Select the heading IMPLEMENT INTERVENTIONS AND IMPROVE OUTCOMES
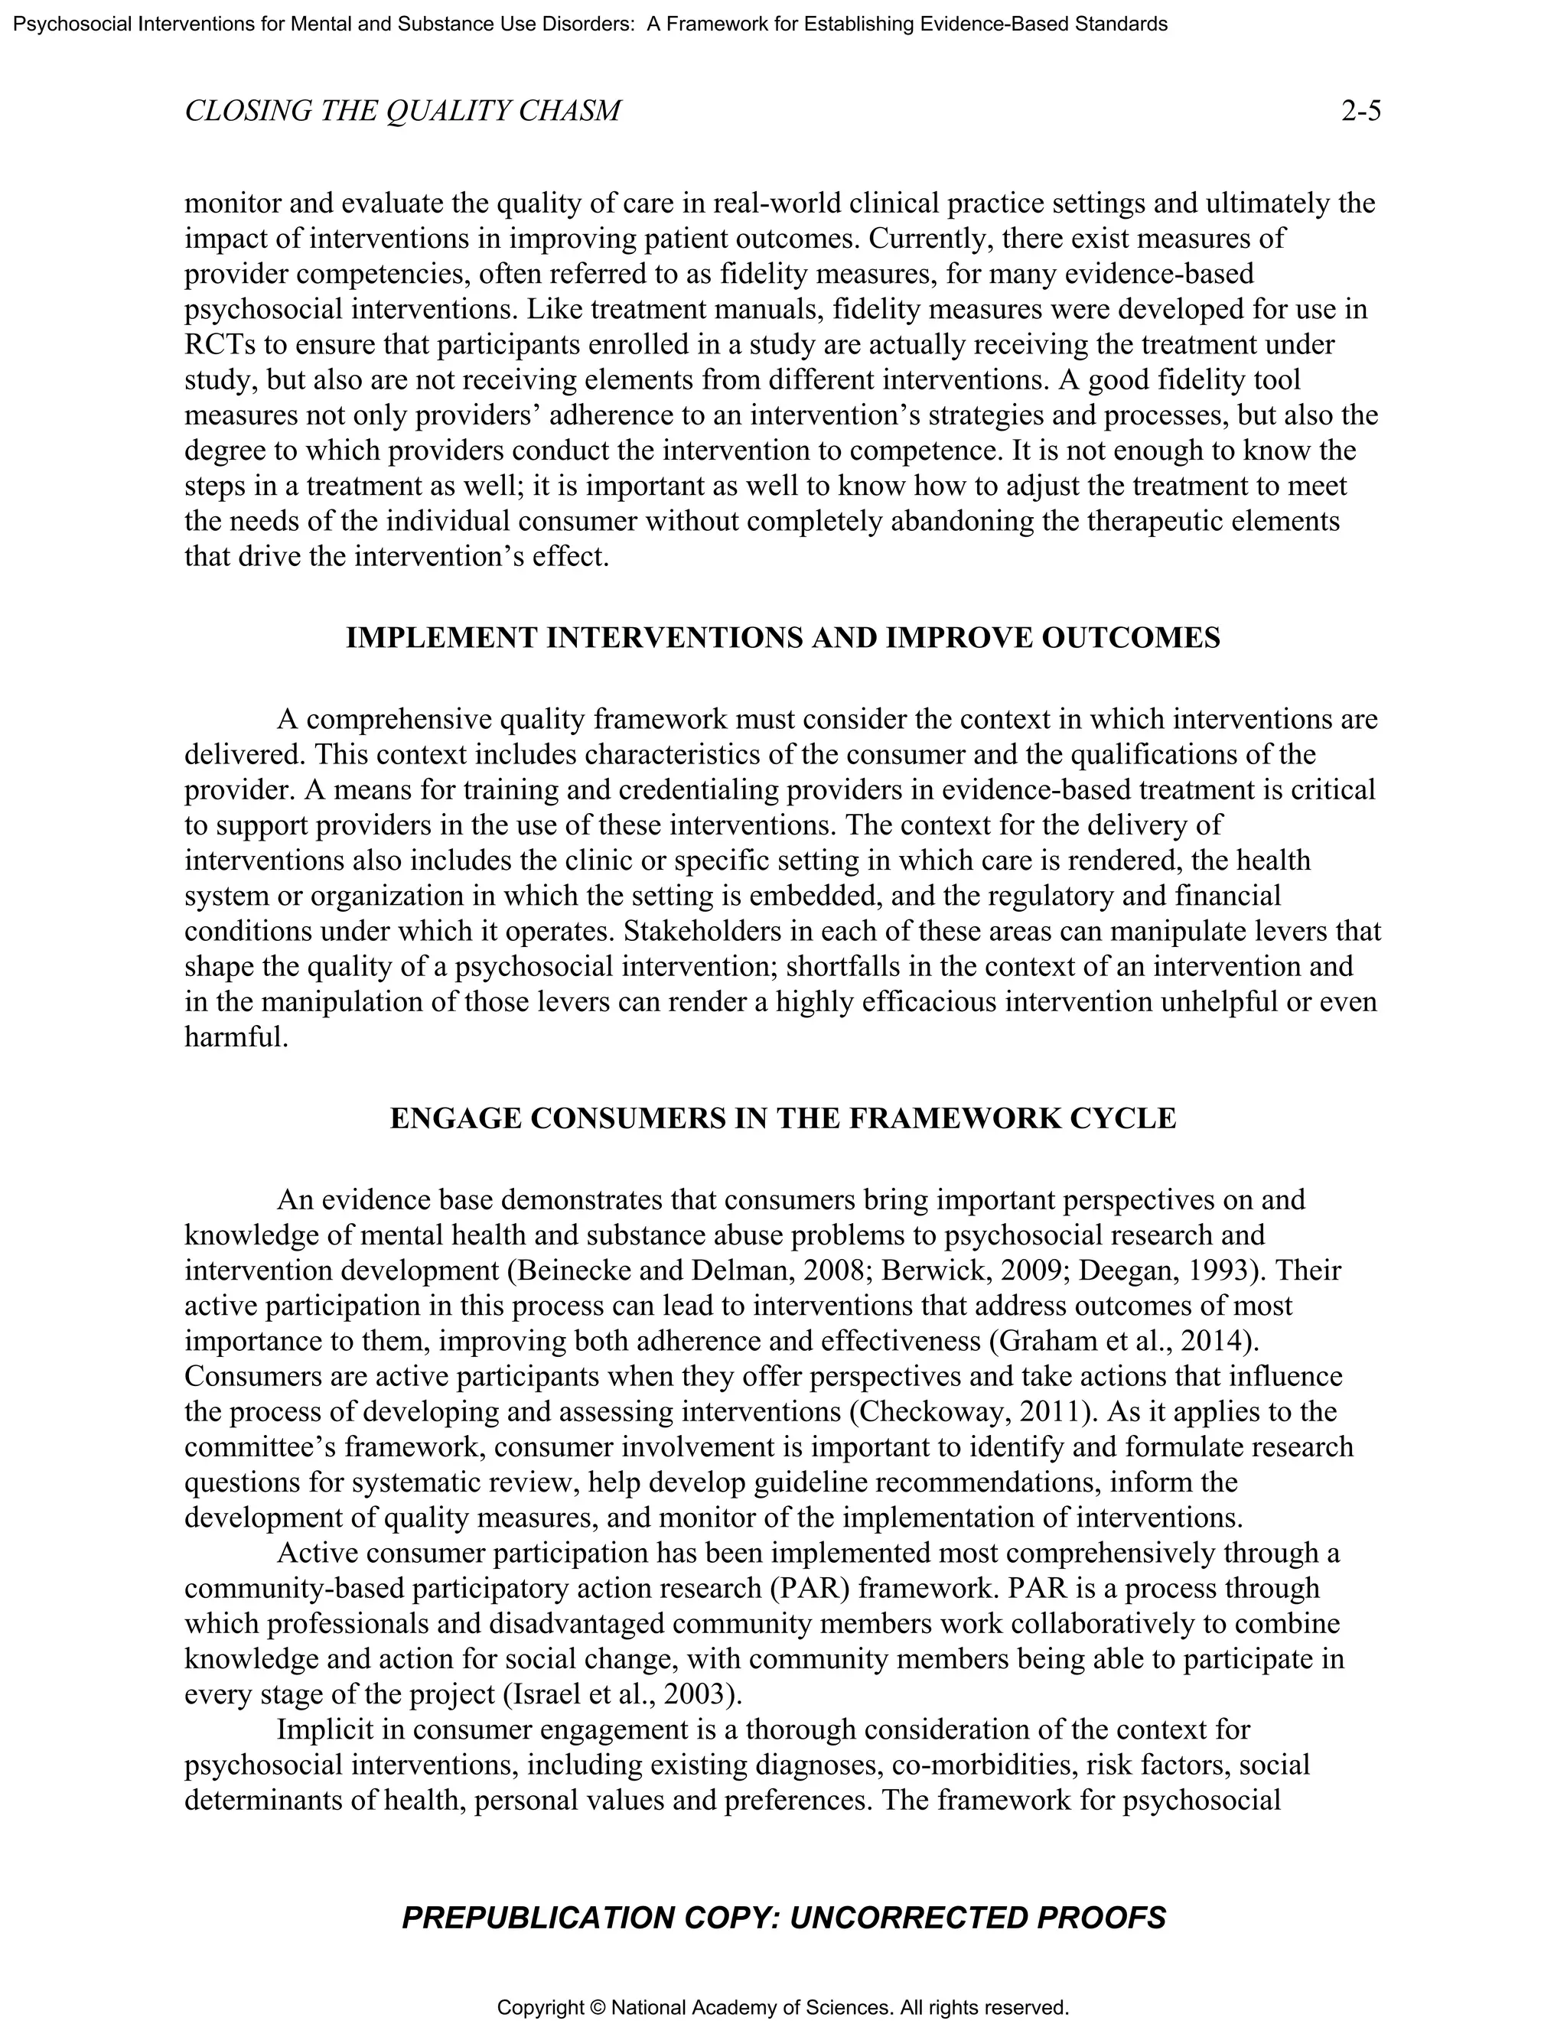(x=783, y=638)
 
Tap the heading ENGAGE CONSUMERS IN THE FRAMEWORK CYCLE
(x=783, y=1118)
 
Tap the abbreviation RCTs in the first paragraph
(x=221, y=344)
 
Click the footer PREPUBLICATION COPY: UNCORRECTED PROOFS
(x=783, y=1918)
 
